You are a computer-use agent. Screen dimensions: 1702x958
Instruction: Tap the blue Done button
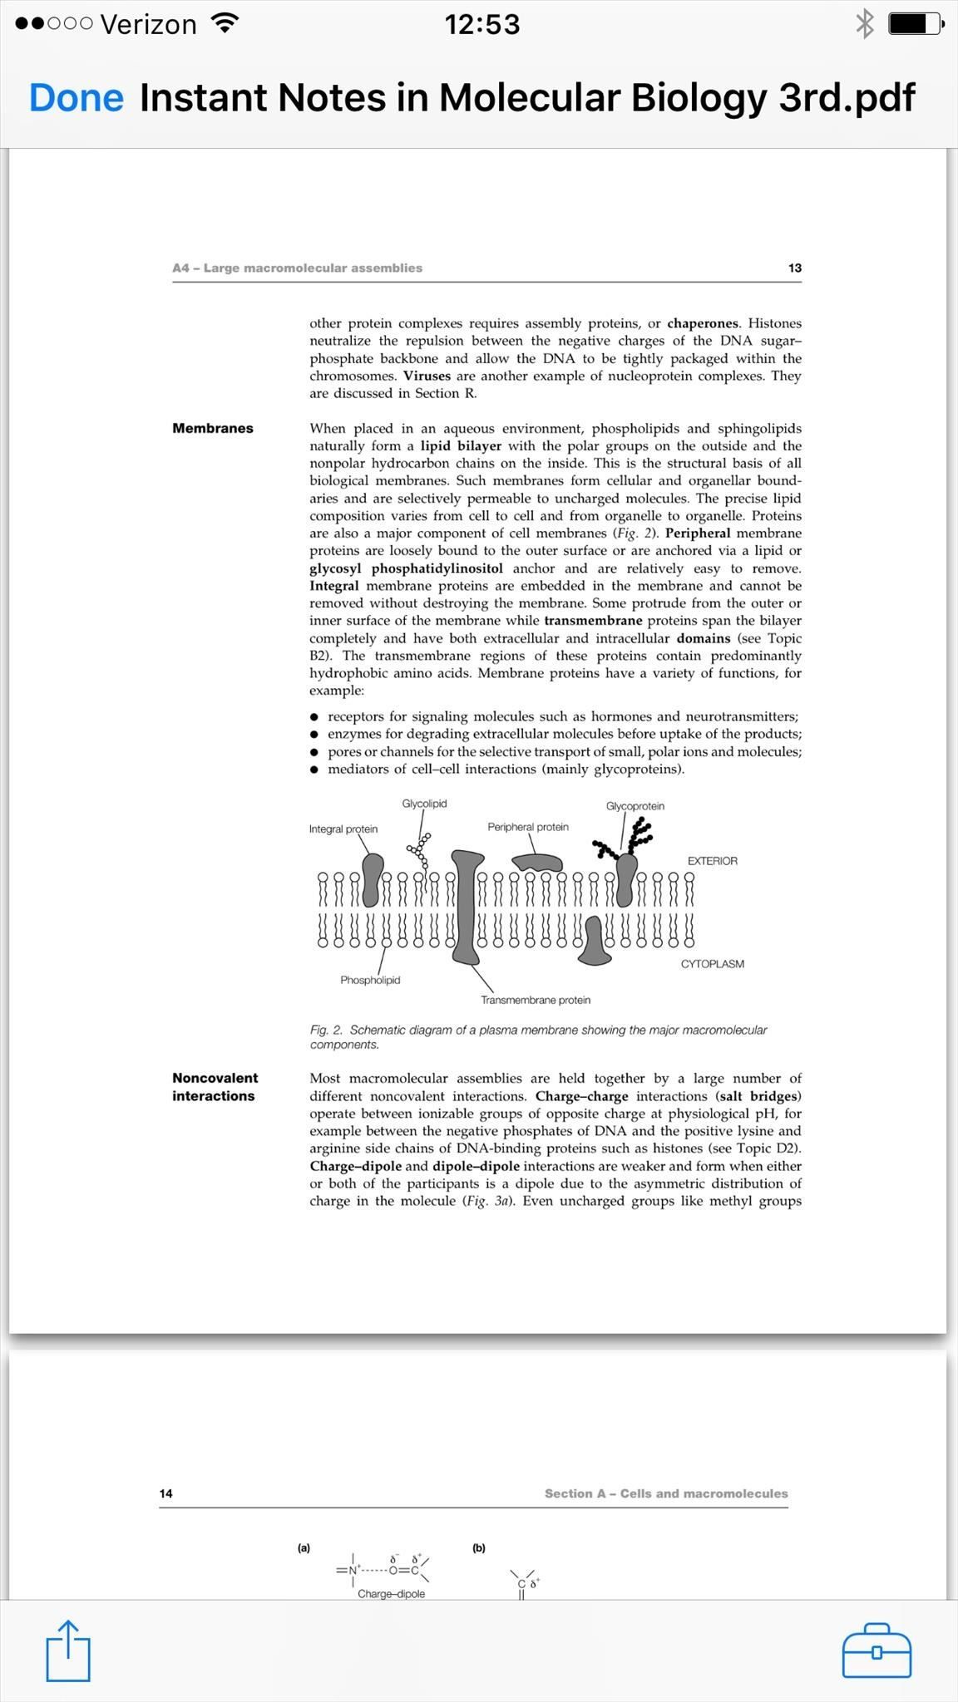[x=77, y=98]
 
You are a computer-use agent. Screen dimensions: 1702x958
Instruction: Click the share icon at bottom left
[x=67, y=1650]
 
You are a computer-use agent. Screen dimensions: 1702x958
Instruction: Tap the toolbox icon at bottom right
[x=877, y=1650]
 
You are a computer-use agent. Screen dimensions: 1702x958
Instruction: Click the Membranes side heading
[x=213, y=428]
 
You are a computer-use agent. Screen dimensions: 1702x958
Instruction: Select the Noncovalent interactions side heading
[x=215, y=1087]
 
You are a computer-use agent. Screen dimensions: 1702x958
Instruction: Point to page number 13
[x=794, y=268]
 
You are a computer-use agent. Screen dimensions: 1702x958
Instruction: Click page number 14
[x=166, y=1493]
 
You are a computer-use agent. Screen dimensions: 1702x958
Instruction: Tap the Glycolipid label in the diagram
[x=424, y=804]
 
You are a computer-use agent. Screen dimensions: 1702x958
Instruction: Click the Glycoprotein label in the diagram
[x=635, y=806]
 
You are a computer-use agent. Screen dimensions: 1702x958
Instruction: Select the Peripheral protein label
[x=528, y=827]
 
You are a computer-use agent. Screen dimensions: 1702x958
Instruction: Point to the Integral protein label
[x=343, y=829]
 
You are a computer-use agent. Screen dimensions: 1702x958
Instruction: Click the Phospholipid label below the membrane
[x=370, y=980]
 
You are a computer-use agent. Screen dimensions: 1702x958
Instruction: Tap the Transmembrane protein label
[x=536, y=1000]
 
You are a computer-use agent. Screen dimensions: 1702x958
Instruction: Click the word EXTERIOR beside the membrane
[x=712, y=861]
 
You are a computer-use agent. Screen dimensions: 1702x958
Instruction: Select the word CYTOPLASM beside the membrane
[x=712, y=964]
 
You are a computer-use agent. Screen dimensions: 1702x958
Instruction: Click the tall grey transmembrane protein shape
[x=467, y=906]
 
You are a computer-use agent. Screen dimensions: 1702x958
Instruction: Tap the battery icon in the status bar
[x=913, y=23]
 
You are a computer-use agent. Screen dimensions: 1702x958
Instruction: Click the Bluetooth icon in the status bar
[x=865, y=23]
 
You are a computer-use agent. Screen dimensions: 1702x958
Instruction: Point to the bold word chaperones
[x=703, y=323]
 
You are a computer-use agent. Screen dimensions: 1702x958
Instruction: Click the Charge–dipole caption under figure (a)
[x=391, y=1594]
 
